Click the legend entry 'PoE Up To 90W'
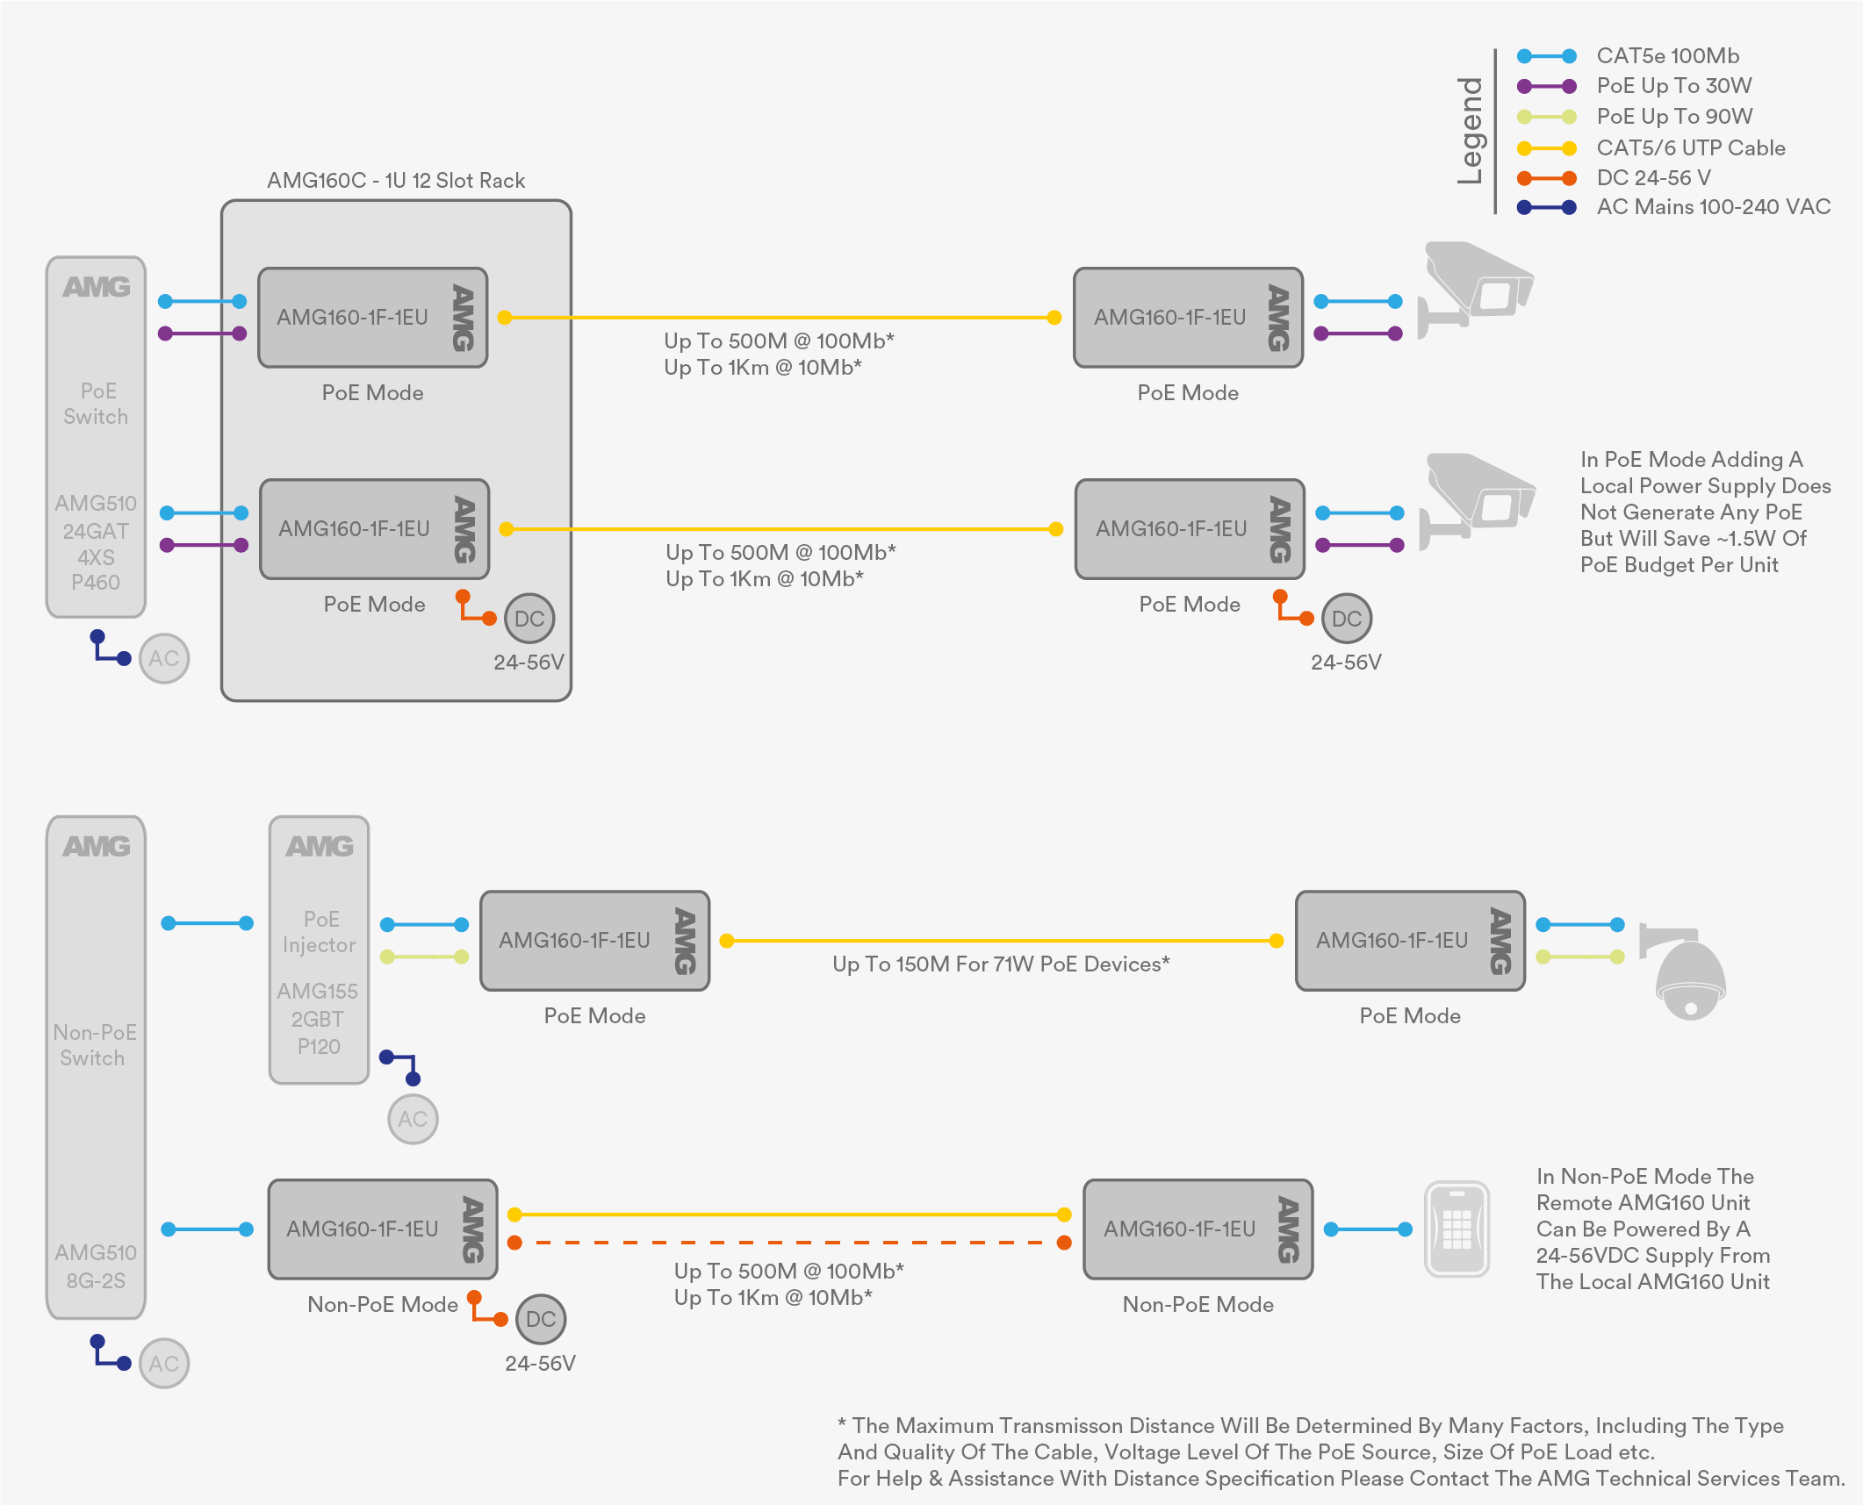(1674, 117)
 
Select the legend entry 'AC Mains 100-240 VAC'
(1713, 207)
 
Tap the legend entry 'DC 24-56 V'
(1653, 177)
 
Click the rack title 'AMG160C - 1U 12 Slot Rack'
(396, 181)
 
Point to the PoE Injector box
(319, 950)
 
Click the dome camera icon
(1684, 972)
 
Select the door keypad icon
(1457, 1229)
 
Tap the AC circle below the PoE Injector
(413, 1119)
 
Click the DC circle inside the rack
(529, 619)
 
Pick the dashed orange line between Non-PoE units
(789, 1243)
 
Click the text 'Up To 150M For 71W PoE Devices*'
(1001, 964)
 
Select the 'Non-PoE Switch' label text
(94, 1045)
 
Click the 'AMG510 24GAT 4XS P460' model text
(96, 543)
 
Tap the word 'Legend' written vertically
(1470, 131)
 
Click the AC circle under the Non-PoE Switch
(164, 1363)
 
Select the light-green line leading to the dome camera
(1580, 957)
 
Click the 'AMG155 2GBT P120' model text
(318, 1019)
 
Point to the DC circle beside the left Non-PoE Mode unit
(541, 1319)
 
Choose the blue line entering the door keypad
(1368, 1229)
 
